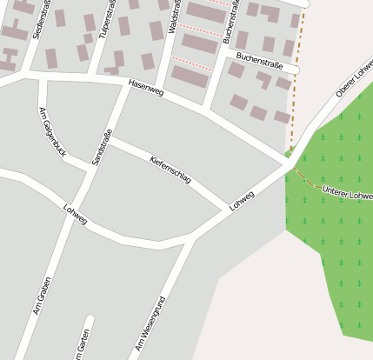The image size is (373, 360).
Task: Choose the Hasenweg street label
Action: [145, 89]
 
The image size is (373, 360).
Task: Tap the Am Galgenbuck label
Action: [53, 130]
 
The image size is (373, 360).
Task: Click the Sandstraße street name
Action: [102, 147]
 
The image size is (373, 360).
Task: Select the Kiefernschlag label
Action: [170, 170]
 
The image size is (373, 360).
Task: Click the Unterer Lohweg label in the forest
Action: [346, 193]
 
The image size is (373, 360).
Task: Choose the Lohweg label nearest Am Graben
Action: [76, 215]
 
